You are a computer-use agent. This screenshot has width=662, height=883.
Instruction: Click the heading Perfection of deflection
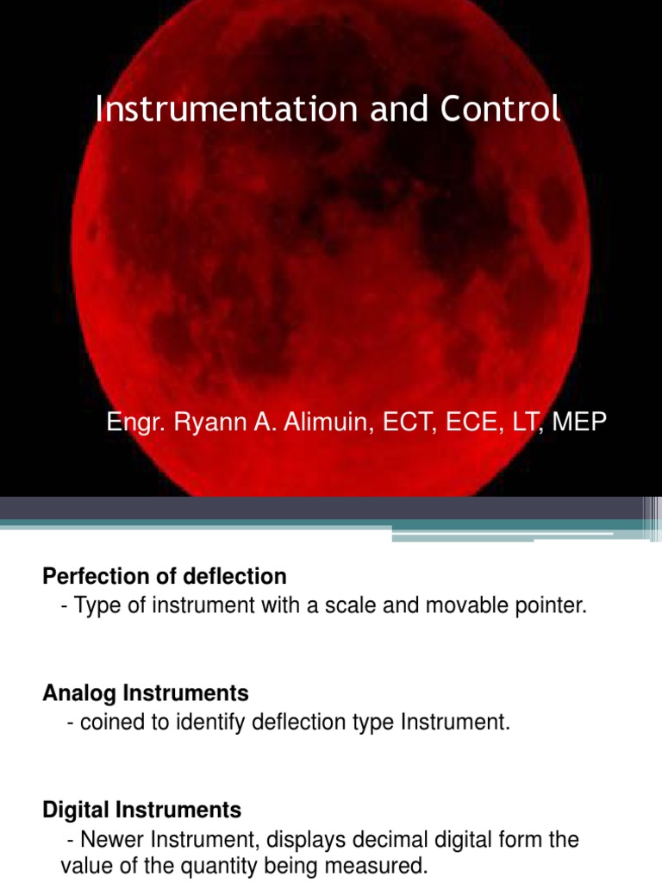point(164,575)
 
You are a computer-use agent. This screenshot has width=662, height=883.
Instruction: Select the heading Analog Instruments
point(146,692)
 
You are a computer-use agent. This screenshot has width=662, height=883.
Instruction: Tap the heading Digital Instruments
point(142,810)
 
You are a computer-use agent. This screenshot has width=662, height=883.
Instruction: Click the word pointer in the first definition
point(555,605)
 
